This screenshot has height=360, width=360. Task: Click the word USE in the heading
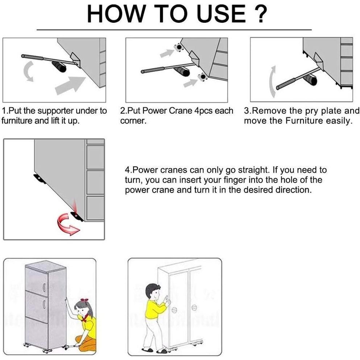click(x=221, y=14)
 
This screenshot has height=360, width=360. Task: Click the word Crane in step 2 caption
click(x=181, y=111)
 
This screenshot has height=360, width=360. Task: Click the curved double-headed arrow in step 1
click(x=29, y=71)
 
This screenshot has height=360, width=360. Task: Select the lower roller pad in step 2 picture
click(x=203, y=77)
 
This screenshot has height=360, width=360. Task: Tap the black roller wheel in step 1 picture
click(x=59, y=67)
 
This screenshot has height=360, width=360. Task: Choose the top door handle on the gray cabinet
click(x=44, y=287)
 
